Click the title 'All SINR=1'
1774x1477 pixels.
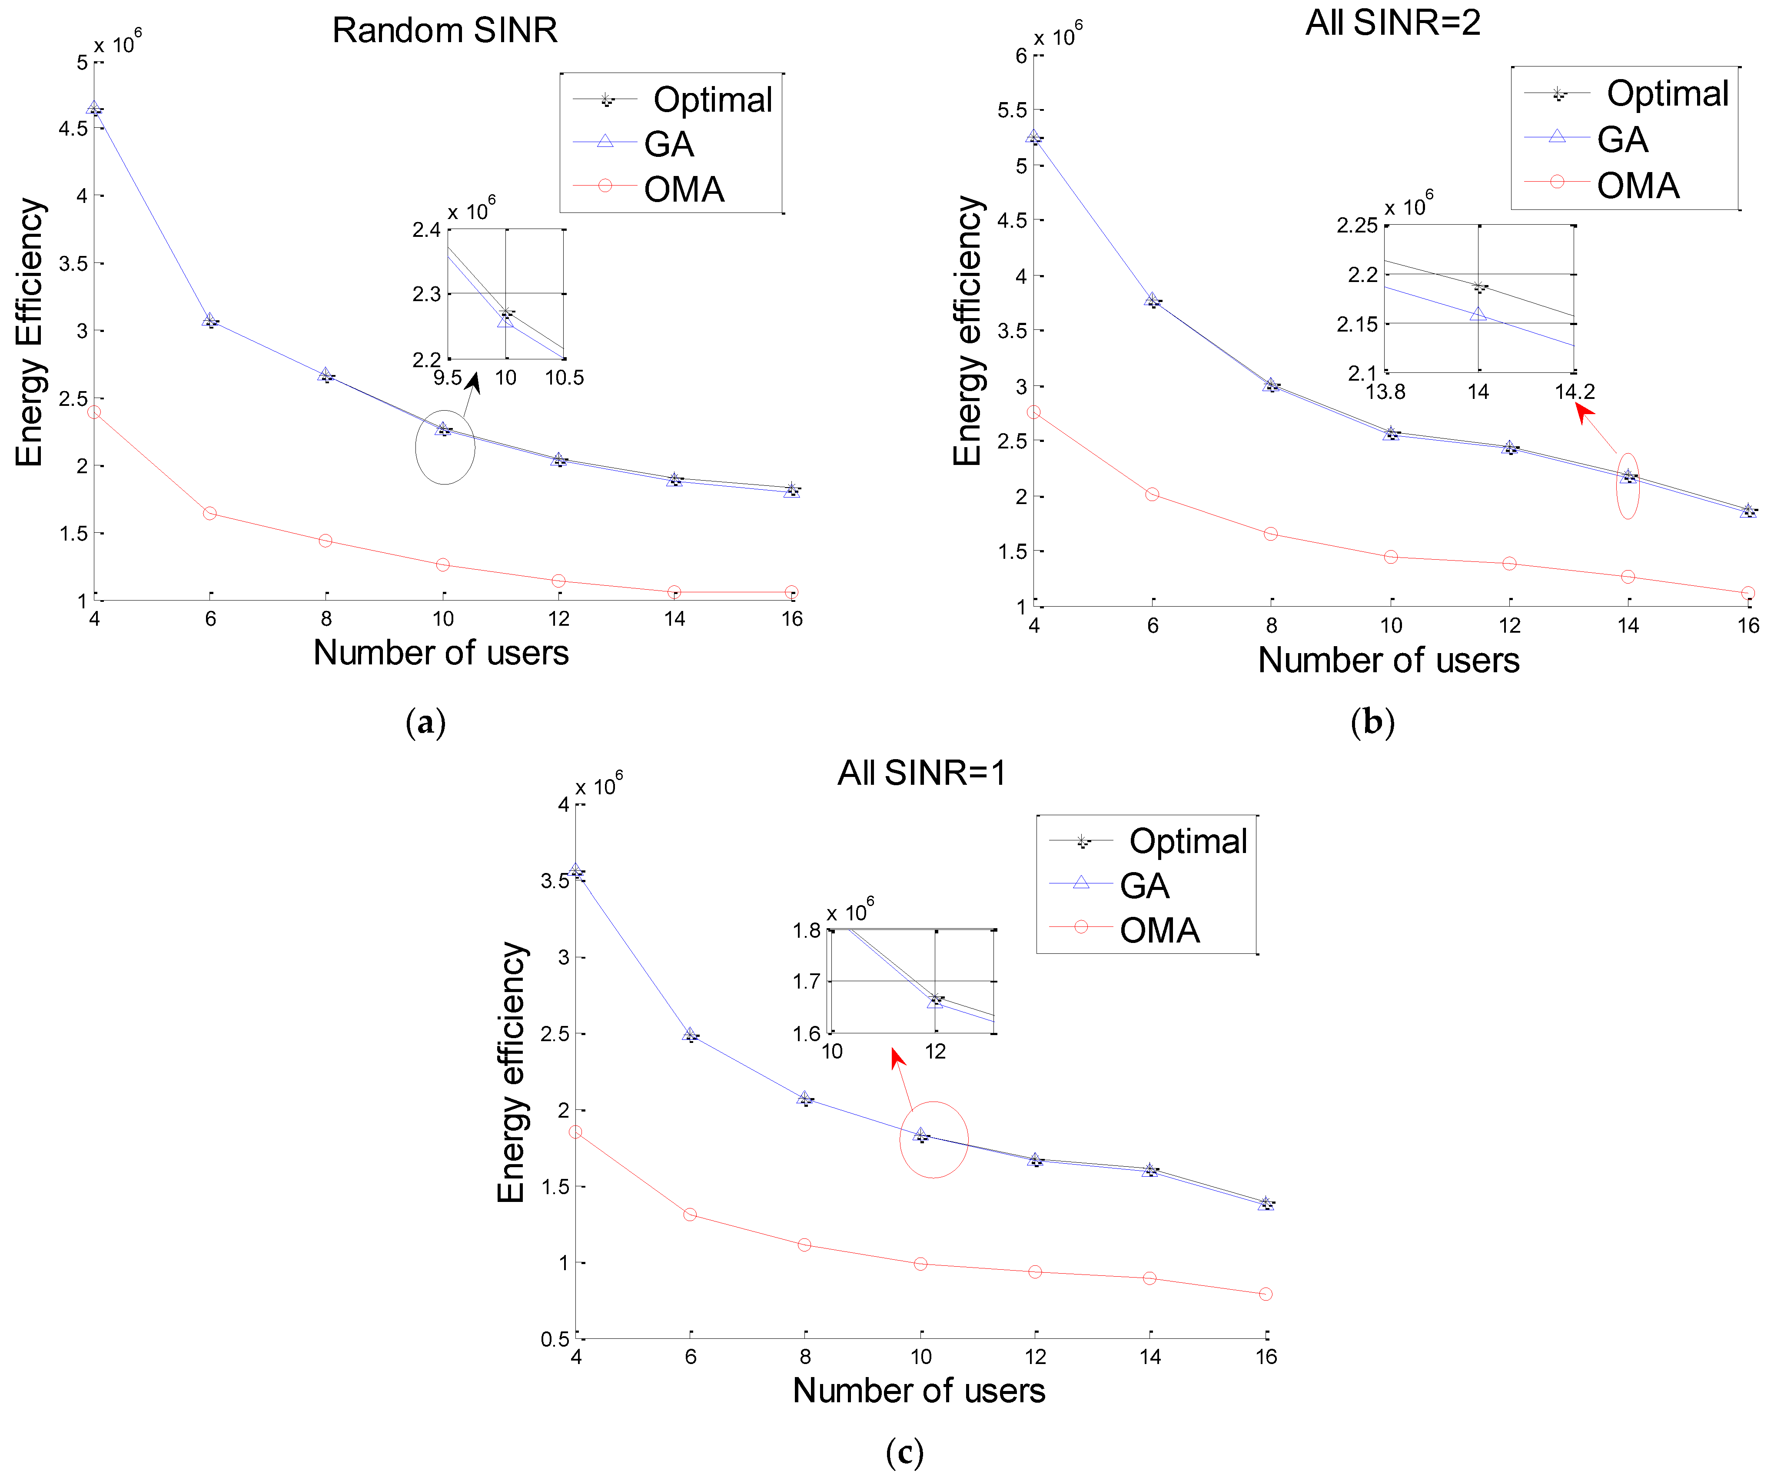(x=922, y=773)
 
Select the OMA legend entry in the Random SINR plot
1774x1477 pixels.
(x=684, y=189)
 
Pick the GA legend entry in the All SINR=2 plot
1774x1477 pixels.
(x=1622, y=139)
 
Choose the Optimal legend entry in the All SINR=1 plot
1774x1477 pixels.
(x=1187, y=841)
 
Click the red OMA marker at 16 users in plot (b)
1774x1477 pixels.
(x=1748, y=593)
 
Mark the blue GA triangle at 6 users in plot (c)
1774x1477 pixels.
(x=690, y=1035)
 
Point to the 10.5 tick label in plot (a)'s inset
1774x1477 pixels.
(x=564, y=378)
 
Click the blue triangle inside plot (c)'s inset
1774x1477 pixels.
(x=934, y=1002)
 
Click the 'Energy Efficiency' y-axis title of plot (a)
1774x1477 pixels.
(x=30, y=332)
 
